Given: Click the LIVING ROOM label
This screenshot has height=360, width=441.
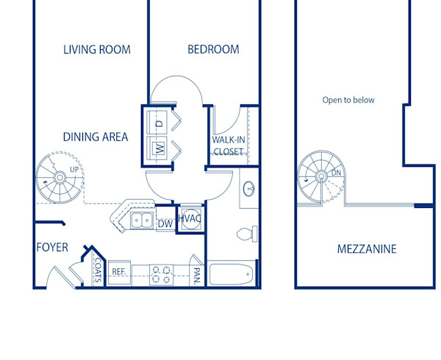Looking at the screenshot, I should [96, 50].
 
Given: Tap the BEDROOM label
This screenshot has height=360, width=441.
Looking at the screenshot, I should [213, 50].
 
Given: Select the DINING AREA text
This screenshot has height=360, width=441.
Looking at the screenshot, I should [96, 137].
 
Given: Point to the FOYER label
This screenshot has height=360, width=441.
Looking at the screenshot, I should [52, 248].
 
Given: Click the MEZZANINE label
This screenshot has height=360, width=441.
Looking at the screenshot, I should [366, 249].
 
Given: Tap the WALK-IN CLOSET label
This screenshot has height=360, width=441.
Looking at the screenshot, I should [228, 145].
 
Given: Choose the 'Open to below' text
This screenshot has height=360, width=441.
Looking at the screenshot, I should [348, 100].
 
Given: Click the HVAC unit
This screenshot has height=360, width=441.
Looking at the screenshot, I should [190, 219].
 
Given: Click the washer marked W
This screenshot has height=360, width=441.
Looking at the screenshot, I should [158, 148].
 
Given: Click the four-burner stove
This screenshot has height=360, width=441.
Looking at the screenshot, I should [161, 274].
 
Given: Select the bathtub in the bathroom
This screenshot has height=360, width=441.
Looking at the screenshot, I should [232, 275].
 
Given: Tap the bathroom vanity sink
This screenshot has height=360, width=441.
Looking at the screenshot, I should [250, 189].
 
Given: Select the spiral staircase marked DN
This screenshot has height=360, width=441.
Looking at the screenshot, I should [321, 177].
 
